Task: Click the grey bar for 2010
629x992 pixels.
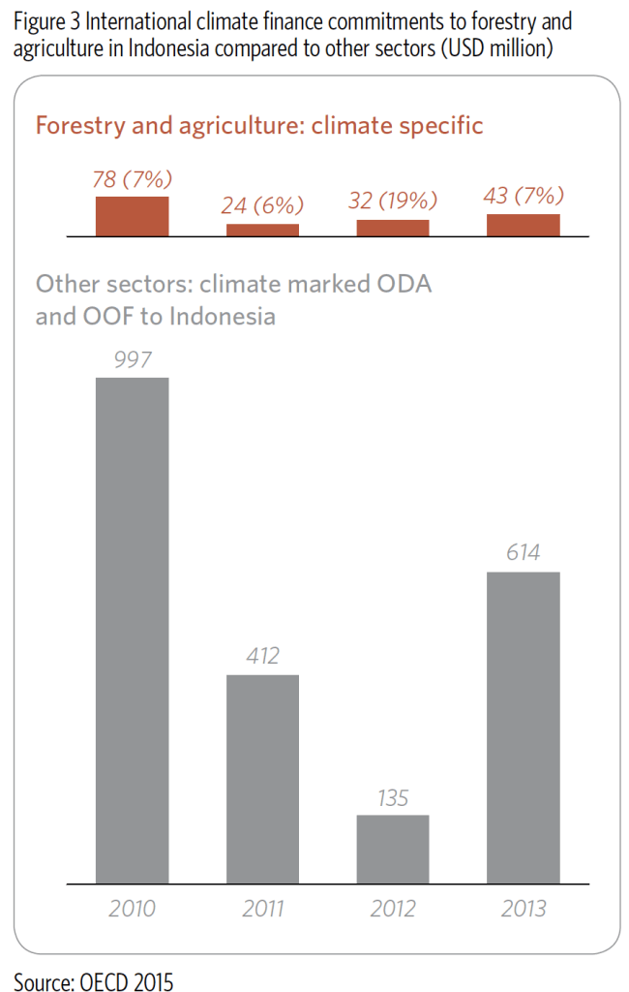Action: pos(132,630)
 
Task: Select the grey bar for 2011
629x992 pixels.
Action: pos(262,779)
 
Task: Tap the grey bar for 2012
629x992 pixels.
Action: pos(392,849)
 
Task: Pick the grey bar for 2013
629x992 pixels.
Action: pos(523,728)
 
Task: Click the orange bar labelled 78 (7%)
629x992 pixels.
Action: pos(132,216)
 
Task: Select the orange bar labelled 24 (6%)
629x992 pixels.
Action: pos(262,230)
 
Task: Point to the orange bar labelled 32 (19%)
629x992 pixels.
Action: pos(392,228)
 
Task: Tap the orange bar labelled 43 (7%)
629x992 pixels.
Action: pos(523,225)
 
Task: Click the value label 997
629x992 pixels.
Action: pos(132,359)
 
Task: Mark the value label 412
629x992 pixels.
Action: pos(262,656)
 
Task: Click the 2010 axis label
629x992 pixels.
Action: pos(132,909)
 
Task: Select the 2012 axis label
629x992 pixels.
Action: pos(392,909)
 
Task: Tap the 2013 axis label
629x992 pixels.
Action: pos(523,909)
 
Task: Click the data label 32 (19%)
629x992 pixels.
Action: pos(392,201)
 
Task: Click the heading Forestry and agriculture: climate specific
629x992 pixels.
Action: pos(259,126)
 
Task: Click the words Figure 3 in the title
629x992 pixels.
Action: pos(46,22)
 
